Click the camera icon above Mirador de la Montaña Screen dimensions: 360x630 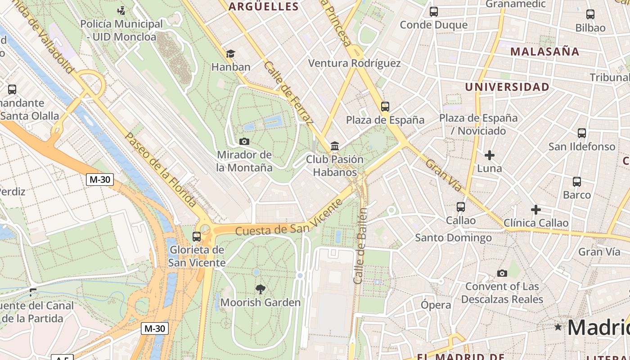tap(244, 142)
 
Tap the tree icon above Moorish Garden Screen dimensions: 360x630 tap(260, 289)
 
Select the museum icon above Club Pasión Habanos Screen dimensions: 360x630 tap(335, 146)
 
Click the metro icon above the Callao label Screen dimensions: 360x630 tap(461, 207)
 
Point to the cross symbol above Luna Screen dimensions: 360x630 tap(490, 156)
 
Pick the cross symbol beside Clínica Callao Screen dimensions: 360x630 tap(535, 210)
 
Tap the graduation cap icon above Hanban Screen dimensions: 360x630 tap(230, 54)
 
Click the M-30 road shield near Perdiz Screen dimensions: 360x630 tap(100, 180)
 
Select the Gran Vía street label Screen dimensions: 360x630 tap(443, 175)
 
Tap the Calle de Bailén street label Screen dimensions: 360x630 tap(361, 246)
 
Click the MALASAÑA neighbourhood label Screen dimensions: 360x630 tap(545, 51)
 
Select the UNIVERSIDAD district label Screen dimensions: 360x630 tap(507, 87)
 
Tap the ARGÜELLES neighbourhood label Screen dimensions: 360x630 tap(264, 6)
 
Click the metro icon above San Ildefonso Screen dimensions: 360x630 tap(582, 133)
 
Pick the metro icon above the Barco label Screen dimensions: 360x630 tap(577, 182)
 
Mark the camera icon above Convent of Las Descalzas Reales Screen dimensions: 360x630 tap(502, 273)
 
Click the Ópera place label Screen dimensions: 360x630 tap(436, 305)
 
